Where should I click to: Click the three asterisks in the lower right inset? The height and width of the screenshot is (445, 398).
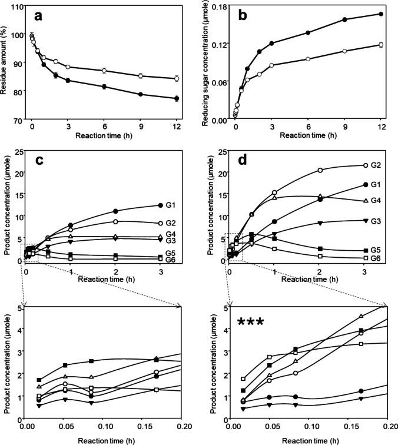pyautogui.click(x=250, y=322)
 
